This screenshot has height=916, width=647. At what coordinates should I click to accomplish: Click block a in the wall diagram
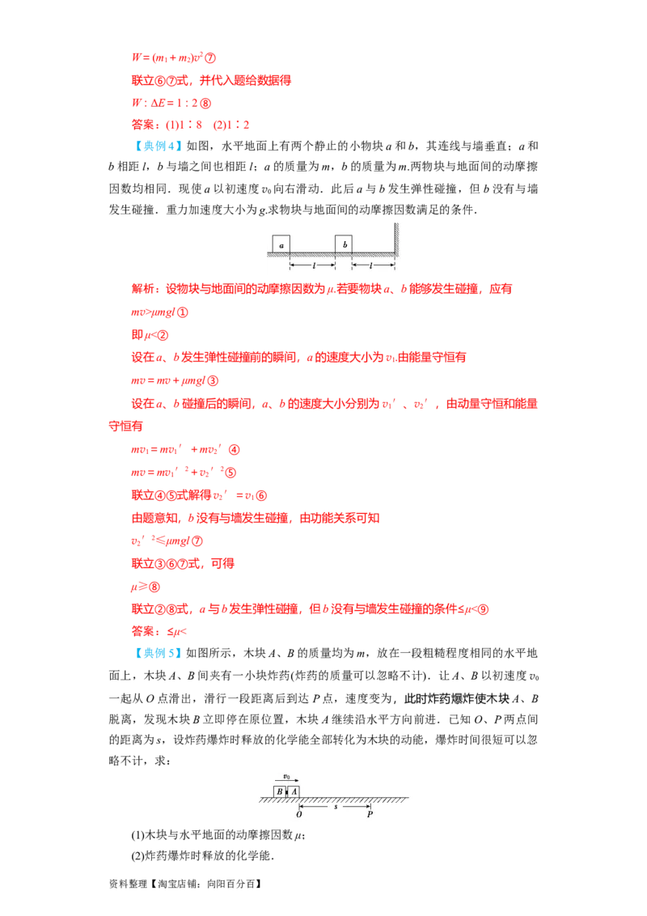[x=281, y=244]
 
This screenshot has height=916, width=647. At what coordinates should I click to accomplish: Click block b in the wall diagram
[x=344, y=244]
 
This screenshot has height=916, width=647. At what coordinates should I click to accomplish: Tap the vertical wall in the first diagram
[x=396, y=240]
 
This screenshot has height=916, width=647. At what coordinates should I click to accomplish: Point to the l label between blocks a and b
[x=314, y=265]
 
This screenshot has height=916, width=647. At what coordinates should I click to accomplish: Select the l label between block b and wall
[x=371, y=265]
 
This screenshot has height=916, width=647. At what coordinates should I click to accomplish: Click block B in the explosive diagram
[x=280, y=791]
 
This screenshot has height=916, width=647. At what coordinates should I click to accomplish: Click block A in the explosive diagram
[x=293, y=791]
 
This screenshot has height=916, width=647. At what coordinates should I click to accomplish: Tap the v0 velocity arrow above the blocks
[x=287, y=780]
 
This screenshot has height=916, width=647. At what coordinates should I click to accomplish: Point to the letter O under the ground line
[x=299, y=814]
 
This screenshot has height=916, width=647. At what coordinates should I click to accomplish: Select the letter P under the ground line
[x=370, y=814]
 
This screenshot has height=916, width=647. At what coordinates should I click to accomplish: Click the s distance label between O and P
[x=336, y=807]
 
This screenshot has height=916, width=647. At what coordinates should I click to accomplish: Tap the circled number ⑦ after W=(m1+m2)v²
[x=210, y=57]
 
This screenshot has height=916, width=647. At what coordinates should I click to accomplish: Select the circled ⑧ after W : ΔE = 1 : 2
[x=205, y=104]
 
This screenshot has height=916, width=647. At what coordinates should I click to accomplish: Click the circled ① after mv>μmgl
[x=182, y=312]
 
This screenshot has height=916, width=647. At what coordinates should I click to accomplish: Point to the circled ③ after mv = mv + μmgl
[x=213, y=381]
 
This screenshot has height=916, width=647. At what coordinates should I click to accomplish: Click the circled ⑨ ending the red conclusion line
[x=483, y=609]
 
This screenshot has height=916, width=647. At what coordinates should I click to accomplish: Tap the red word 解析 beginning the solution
[x=143, y=289]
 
